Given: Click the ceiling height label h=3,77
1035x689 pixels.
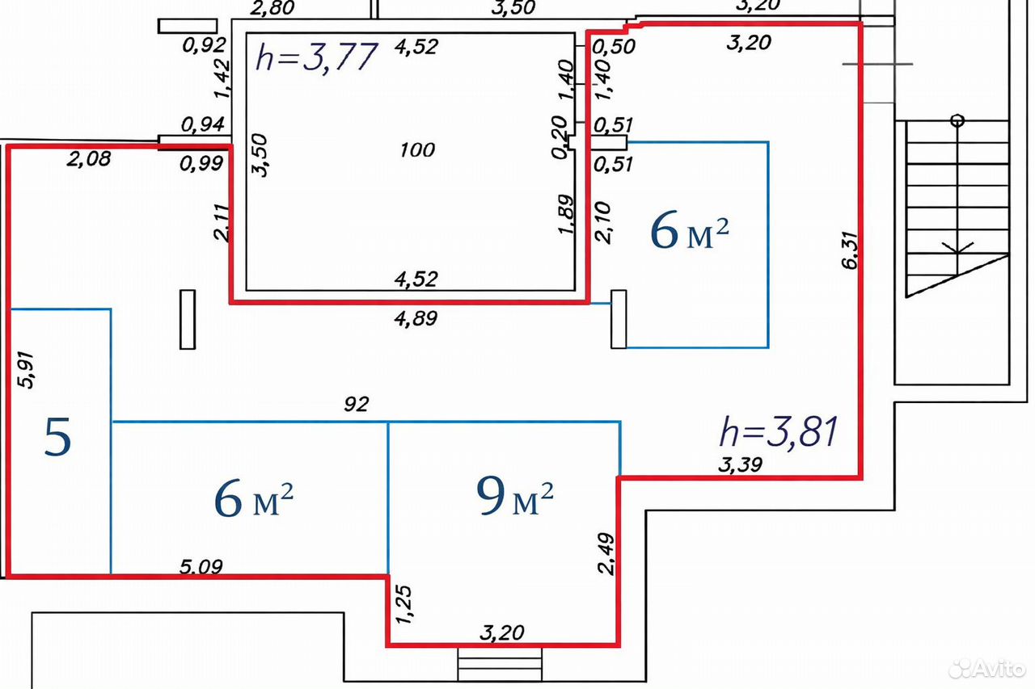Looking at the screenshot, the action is coord(317,57).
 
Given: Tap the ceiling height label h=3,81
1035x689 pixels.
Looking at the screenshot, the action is coord(779,432).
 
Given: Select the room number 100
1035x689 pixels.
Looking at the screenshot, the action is coord(417,150).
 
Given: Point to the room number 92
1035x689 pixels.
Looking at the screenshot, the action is coord(357,404).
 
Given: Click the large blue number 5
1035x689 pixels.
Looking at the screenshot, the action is coord(57,436).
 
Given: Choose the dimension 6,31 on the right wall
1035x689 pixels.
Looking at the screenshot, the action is coord(850,250).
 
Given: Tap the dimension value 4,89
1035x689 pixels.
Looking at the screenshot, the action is coord(416,318).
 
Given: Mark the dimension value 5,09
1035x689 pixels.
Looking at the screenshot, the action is coord(201,566).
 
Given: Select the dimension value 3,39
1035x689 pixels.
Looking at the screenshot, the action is coord(740,464).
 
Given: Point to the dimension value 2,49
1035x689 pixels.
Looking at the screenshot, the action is coord(606,554).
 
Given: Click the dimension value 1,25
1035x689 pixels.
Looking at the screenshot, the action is coord(403,604).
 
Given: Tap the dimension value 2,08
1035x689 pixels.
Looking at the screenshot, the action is coord(89,160).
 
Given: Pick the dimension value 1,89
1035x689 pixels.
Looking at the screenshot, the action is coord(566,214).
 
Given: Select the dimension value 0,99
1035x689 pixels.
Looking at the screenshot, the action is coord(201,164).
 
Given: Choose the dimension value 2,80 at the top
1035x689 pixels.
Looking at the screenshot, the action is coord(272,8).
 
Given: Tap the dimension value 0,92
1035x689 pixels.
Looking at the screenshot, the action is coord(205,45).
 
